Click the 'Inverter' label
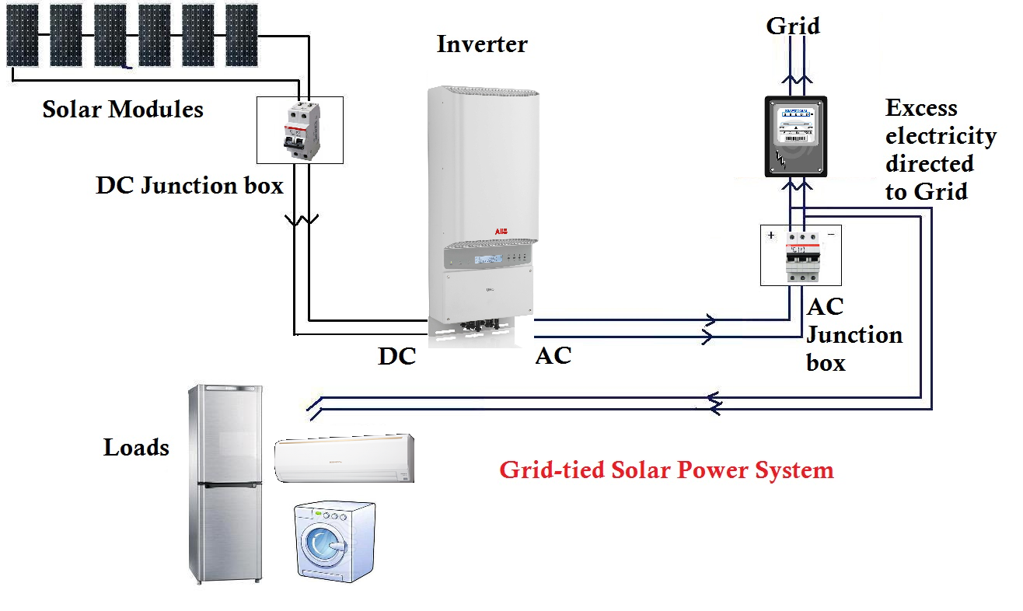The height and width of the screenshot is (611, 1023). point(481,44)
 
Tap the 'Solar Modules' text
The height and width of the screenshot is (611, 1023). point(123,110)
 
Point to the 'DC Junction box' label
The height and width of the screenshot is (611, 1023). point(189,187)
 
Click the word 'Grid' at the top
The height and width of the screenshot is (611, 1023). point(792,26)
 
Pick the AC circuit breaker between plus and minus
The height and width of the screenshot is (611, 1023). point(801,255)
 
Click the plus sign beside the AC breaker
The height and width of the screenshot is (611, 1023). point(771,235)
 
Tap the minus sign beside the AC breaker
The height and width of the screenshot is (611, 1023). point(831,234)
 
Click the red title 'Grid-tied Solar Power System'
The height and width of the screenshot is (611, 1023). point(665,470)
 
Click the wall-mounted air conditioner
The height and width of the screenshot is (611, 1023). point(345,459)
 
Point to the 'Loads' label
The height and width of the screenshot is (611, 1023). point(136,447)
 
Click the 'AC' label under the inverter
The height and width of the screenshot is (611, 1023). point(553,356)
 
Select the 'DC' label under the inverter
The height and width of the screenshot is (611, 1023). point(397,356)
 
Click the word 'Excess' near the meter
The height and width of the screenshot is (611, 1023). point(921,108)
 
